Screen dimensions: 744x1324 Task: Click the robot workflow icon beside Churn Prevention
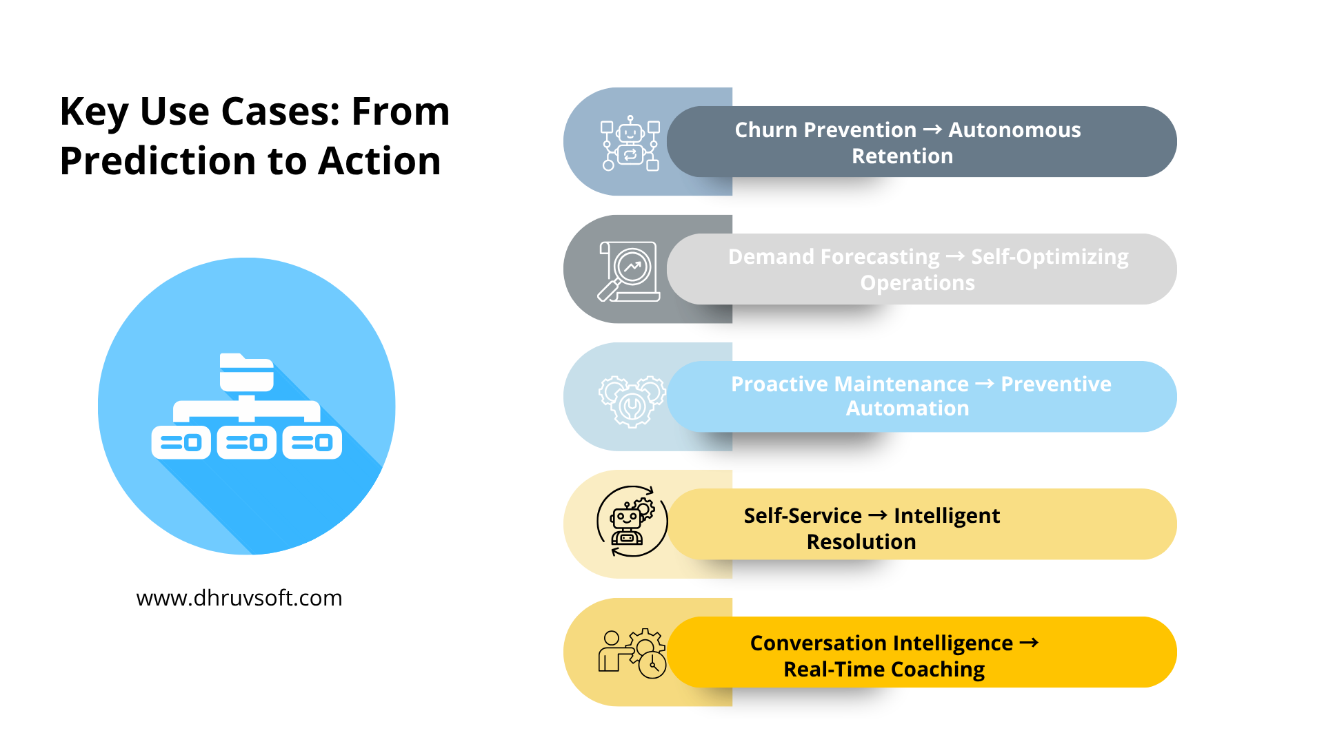630,143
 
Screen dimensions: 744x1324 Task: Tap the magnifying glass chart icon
629,271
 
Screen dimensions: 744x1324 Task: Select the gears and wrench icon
632,401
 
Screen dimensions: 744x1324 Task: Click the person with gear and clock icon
632,653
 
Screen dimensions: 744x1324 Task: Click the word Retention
902,156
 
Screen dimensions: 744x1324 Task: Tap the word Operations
917,283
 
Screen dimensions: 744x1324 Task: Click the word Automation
907,409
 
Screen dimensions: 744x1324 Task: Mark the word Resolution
861,542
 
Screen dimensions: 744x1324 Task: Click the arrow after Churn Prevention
932,130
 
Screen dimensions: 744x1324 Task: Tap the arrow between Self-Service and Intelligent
877,515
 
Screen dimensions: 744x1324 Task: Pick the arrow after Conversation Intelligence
1029,643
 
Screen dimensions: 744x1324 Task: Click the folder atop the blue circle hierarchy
246,373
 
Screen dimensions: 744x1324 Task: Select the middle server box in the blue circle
246,443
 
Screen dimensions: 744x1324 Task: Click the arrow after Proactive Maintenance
985,384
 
